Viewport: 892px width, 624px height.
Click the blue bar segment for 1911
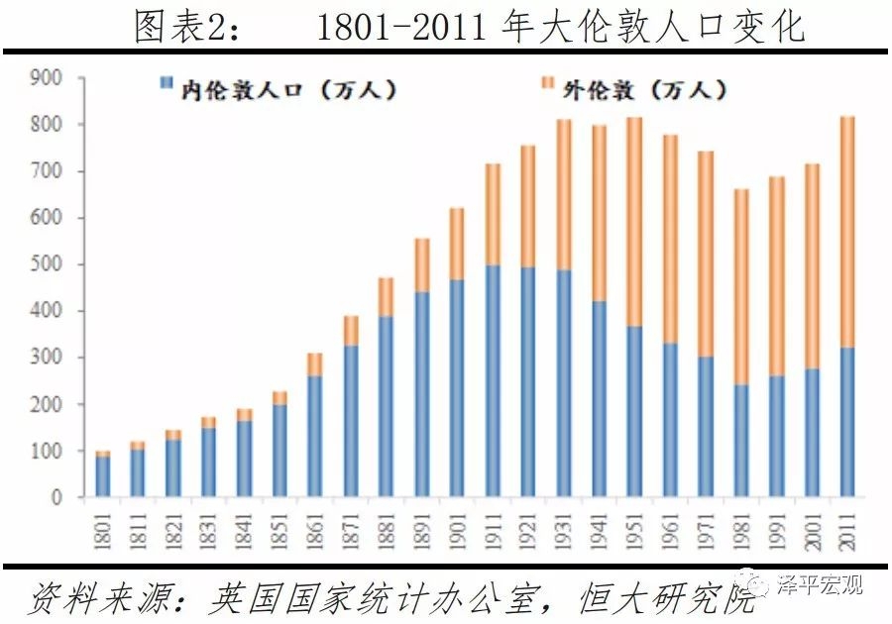(493, 381)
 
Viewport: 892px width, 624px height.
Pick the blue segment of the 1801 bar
(103, 476)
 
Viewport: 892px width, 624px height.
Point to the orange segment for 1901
(457, 244)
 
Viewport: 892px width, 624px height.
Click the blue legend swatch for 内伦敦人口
(167, 90)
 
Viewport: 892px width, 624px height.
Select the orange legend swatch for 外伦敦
(546, 90)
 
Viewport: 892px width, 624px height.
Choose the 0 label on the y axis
(56, 498)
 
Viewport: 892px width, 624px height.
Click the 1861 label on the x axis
(316, 532)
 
